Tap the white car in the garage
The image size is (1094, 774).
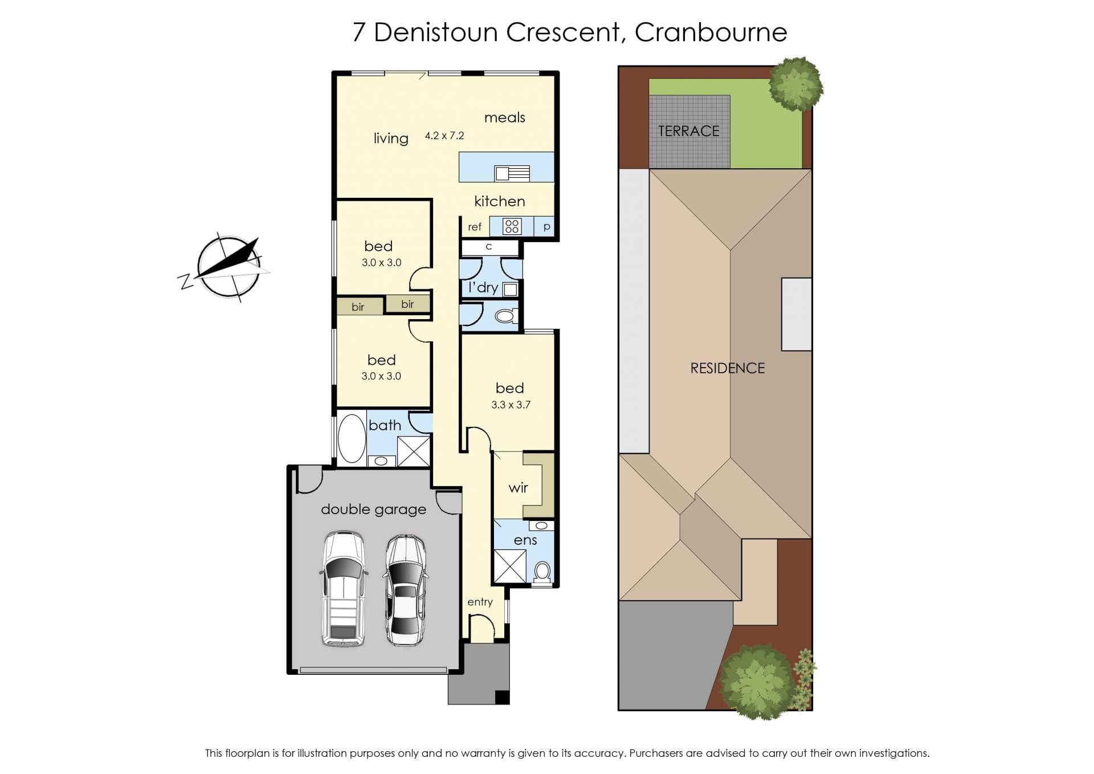coord(343,589)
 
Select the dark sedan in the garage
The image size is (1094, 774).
coord(406,590)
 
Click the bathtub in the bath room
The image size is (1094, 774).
coord(352,438)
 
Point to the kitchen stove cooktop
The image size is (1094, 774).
coord(512,226)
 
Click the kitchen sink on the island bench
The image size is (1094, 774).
coord(512,173)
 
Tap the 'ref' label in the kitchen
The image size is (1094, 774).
coord(475,227)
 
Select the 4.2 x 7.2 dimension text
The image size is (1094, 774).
coord(444,136)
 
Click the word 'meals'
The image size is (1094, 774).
coord(505,117)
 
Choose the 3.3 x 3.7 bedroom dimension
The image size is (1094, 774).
coord(511,405)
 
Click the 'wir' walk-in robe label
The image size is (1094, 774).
coord(519,488)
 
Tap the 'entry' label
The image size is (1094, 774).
coord(480,602)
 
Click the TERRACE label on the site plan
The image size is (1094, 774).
coord(689,131)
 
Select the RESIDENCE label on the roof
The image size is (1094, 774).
coord(728,368)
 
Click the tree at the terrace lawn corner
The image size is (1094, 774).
coord(795,84)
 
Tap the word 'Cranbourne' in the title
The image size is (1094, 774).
coord(711,32)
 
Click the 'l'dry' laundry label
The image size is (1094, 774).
coord(483,288)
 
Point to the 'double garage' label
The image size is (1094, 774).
coord(374,510)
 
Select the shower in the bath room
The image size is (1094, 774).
coord(414,451)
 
